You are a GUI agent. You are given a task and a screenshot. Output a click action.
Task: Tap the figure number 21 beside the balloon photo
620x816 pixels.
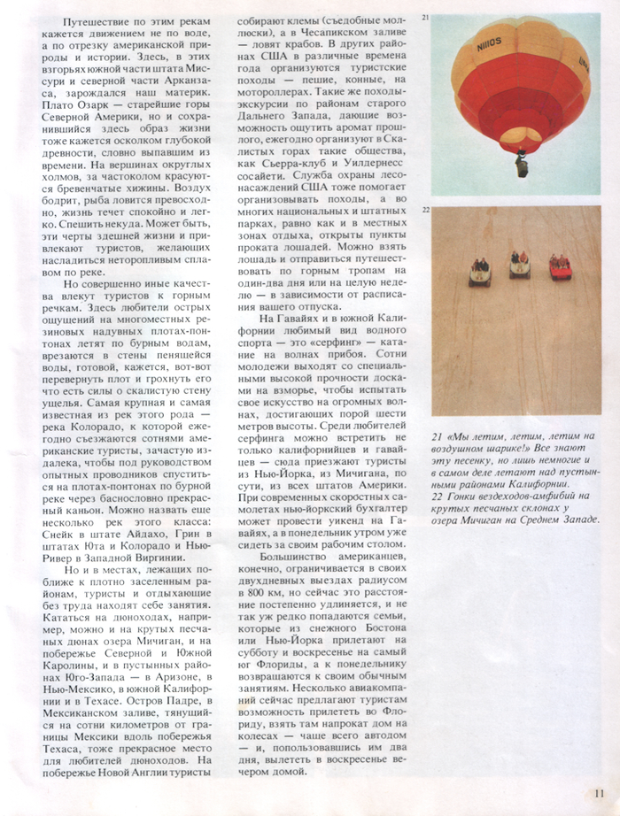[426, 18]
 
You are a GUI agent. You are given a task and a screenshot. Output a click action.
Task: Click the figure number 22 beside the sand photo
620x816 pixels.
[426, 210]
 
